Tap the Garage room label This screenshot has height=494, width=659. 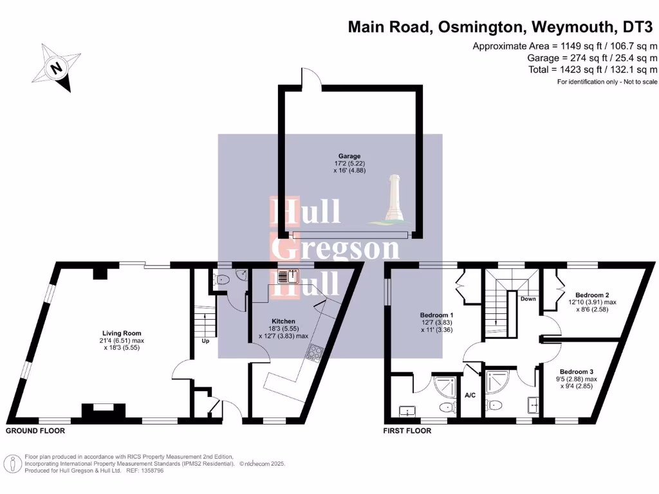tap(349, 156)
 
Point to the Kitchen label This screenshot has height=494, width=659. tap(283, 321)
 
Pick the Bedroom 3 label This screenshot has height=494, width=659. tap(576, 372)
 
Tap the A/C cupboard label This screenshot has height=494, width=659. tap(470, 394)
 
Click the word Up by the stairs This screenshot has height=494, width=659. tap(206, 341)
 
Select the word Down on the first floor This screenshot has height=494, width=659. tap(528, 299)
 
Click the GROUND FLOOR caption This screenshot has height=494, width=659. tap(35, 430)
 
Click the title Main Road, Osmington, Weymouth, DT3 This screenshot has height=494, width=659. tap(503, 27)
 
